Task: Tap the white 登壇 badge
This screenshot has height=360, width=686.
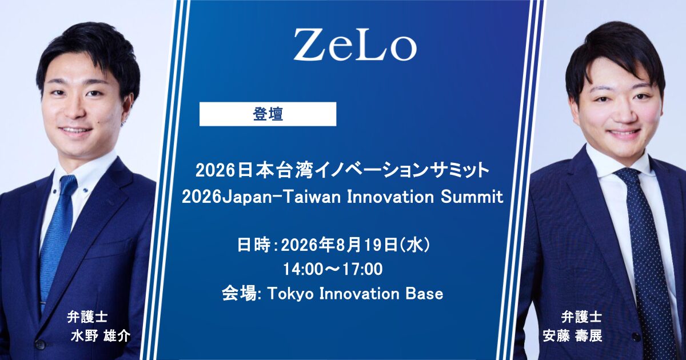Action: [268, 114]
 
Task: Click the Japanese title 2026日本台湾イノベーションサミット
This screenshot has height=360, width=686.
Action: [342, 170]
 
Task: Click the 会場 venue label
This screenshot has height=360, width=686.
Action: [239, 294]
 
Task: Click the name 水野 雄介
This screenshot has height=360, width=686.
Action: [101, 336]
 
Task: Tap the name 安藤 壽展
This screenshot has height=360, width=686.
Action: [572, 336]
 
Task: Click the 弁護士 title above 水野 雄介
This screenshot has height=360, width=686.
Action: [87, 317]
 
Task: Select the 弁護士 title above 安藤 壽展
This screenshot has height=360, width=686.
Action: [581, 317]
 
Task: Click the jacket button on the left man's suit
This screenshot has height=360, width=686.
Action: [40, 344]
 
